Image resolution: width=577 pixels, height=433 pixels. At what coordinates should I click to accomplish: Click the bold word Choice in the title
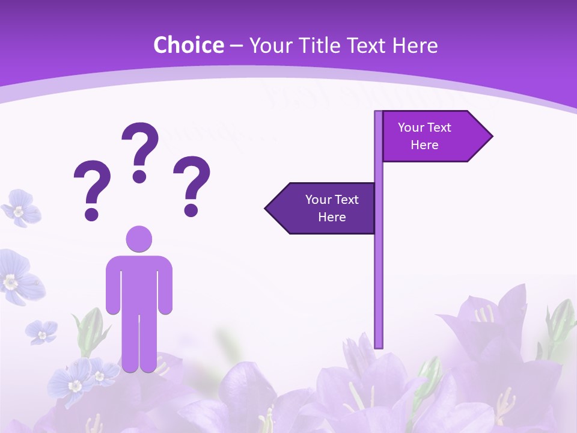(188, 45)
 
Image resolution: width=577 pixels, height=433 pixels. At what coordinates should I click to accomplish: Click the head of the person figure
(139, 239)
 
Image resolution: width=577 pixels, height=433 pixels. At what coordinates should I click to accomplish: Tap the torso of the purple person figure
(139, 283)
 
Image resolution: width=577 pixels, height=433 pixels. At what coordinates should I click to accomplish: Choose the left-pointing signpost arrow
(322, 208)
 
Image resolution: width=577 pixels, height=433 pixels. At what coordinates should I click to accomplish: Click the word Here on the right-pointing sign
(424, 145)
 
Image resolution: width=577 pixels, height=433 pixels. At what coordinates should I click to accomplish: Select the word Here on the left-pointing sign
(332, 217)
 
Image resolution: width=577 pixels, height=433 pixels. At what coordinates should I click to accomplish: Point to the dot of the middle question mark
(139, 176)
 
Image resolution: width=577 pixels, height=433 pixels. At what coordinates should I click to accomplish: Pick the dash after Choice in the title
(236, 45)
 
